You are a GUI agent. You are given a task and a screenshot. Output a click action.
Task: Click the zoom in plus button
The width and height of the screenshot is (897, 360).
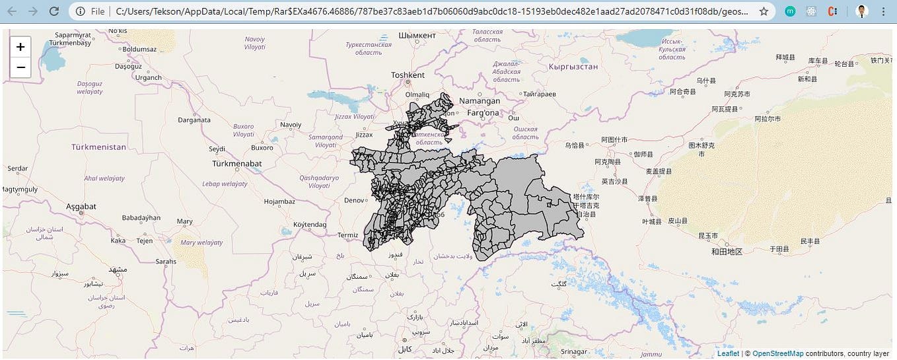click(20, 47)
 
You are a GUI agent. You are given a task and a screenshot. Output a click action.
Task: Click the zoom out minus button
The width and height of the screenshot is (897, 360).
click(20, 67)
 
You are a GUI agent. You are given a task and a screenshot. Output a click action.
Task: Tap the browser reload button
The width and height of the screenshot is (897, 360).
click(54, 11)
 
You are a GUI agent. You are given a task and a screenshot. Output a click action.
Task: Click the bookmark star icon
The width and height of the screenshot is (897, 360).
click(764, 11)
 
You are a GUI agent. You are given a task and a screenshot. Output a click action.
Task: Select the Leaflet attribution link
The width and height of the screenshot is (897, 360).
click(728, 354)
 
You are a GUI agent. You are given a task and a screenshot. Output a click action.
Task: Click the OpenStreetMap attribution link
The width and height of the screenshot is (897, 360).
click(777, 354)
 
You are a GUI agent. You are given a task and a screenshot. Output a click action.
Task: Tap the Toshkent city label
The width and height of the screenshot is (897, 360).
click(408, 75)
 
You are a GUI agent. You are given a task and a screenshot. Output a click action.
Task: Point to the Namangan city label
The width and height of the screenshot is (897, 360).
click(480, 101)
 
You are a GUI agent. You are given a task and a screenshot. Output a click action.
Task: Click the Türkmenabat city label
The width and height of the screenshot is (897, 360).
click(236, 163)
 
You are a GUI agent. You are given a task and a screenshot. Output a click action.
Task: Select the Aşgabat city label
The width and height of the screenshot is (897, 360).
click(81, 207)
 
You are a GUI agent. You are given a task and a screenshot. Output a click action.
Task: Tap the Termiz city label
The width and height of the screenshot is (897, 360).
click(347, 235)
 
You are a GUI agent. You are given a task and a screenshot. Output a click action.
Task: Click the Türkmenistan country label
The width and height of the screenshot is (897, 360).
click(98, 147)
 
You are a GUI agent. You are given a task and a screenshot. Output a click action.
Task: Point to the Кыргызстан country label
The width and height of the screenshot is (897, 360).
click(573, 67)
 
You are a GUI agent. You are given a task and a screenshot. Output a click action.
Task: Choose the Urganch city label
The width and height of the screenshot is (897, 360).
click(148, 77)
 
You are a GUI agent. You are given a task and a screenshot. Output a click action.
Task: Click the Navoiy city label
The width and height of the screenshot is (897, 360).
click(291, 125)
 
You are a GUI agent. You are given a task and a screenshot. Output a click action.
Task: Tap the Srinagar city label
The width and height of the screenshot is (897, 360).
click(573, 351)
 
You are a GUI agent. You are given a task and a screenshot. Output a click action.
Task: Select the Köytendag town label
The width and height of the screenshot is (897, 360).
click(310, 225)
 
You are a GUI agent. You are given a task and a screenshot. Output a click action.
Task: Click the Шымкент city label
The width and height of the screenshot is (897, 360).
click(417, 35)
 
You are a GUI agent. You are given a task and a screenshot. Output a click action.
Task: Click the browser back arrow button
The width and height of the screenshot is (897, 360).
click(12, 11)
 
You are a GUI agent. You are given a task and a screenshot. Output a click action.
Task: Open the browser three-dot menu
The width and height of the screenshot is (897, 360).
click(883, 11)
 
